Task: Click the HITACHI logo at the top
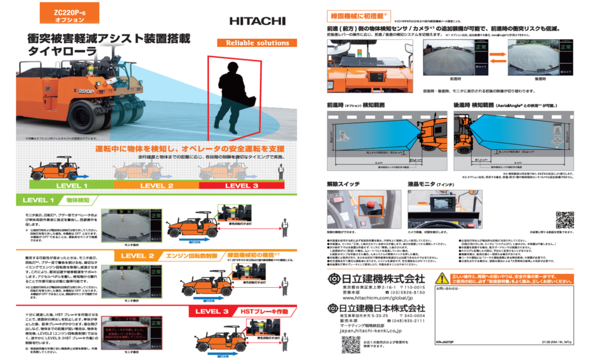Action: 257,21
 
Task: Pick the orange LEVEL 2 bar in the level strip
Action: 156,185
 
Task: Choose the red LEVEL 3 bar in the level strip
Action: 241,185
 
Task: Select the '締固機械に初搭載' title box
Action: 357,16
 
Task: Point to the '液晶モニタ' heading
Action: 429,183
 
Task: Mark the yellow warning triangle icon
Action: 442,278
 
